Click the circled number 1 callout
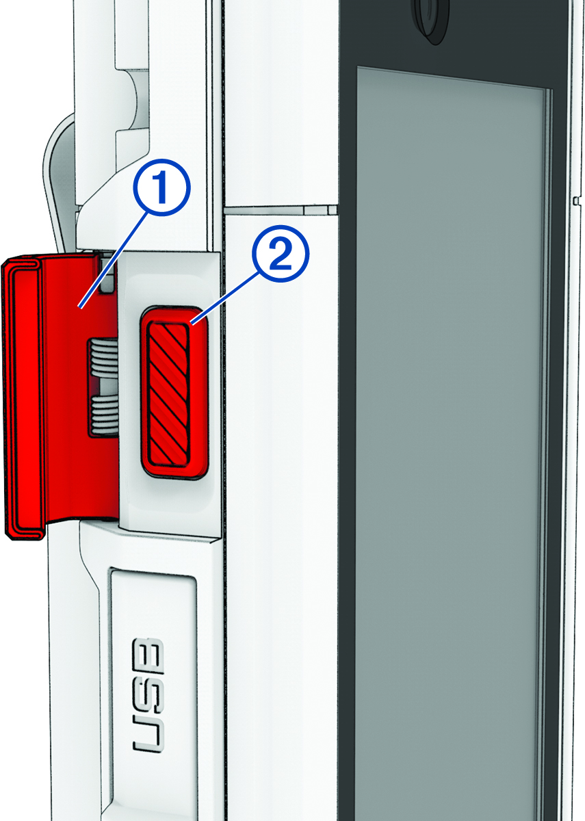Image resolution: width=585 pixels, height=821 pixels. click(161, 187)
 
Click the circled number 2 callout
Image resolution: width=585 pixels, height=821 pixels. click(281, 253)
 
